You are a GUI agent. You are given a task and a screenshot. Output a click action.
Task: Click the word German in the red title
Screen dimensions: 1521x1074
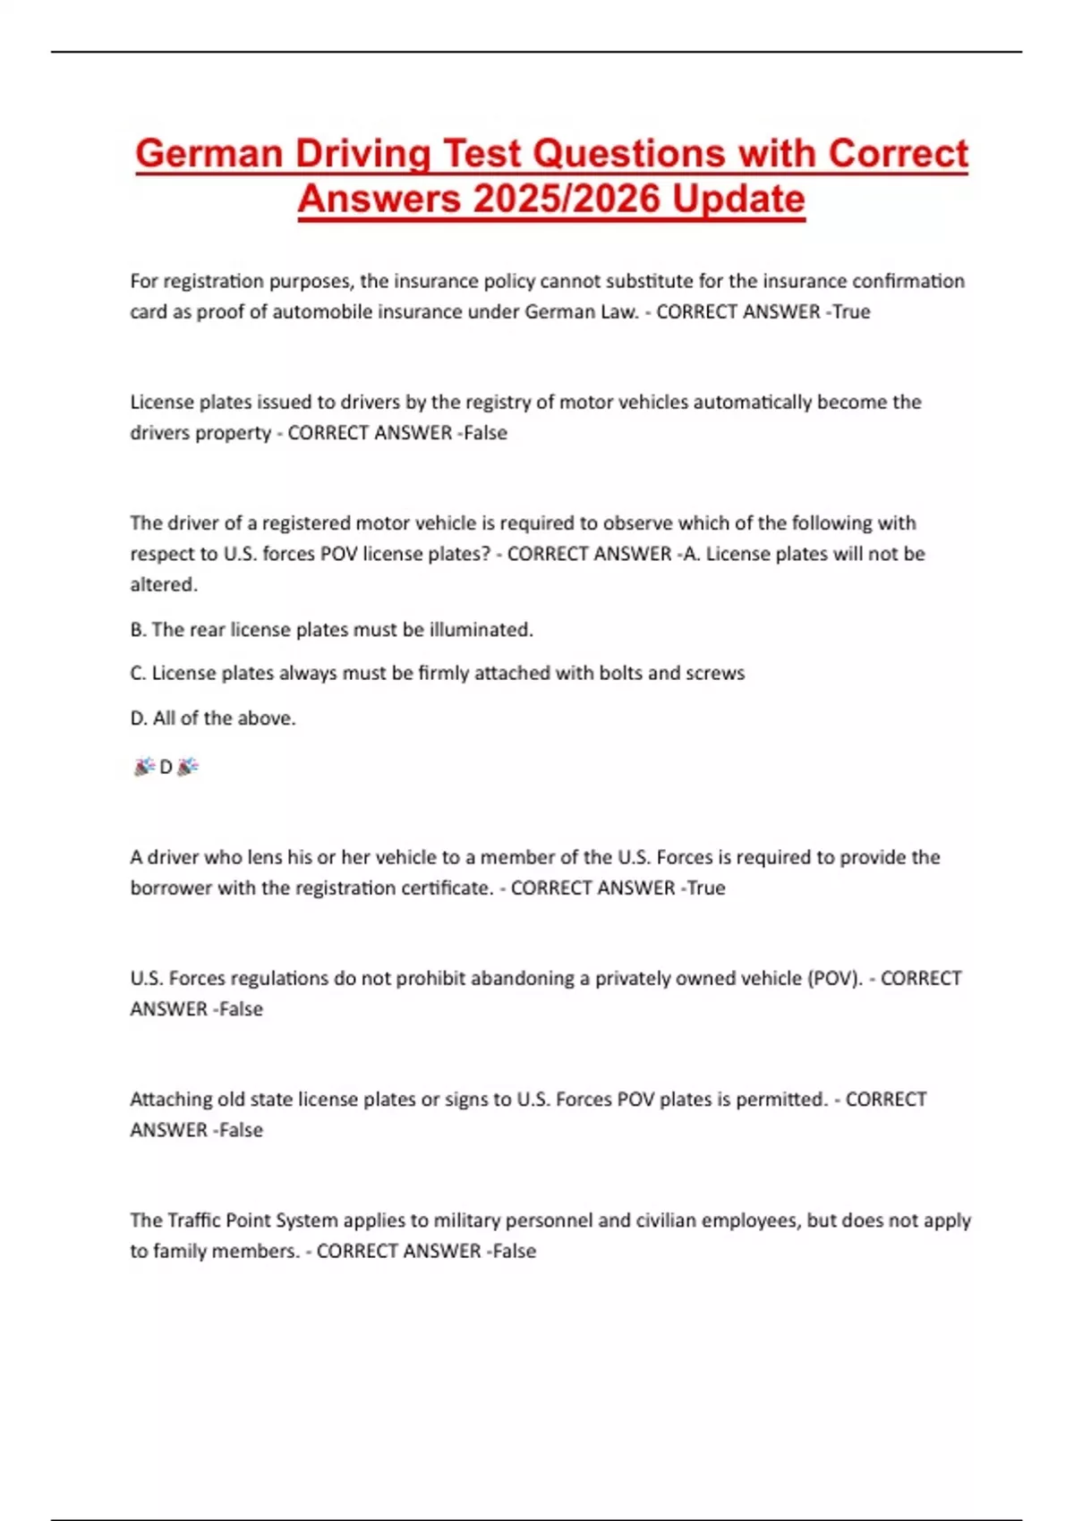(x=209, y=154)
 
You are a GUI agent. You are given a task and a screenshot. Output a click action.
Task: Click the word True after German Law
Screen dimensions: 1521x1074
(x=851, y=311)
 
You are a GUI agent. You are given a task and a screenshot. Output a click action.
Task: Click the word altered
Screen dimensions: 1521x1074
(x=164, y=584)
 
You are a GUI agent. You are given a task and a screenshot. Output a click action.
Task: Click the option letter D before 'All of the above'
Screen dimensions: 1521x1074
(x=137, y=718)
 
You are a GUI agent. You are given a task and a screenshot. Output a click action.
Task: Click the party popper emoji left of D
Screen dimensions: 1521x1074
(x=143, y=767)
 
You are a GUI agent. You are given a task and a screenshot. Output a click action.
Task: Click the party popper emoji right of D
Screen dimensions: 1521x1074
(x=188, y=767)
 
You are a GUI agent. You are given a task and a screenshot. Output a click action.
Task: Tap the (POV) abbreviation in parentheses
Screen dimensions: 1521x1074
(x=835, y=978)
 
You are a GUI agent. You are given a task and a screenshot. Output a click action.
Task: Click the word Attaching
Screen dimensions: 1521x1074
(x=170, y=1099)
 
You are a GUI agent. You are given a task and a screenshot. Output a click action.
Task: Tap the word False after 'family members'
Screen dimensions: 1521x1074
(x=515, y=1251)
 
